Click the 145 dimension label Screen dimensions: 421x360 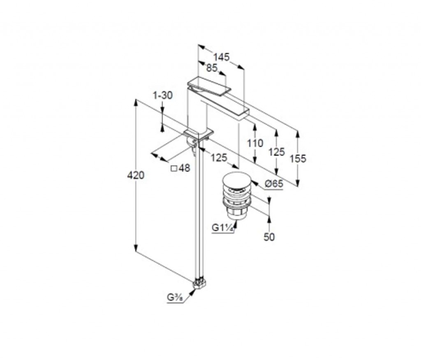tap(222, 57)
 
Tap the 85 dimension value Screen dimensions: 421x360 tap(212, 68)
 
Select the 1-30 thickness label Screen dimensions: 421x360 tap(163, 95)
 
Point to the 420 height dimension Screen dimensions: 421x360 tap(136, 175)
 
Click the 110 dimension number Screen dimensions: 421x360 tap(255, 143)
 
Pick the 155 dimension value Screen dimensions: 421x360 tap(298, 159)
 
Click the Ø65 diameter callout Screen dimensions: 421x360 tap(274, 184)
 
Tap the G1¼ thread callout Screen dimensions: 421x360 tap(222, 228)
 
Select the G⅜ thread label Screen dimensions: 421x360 tap(175, 298)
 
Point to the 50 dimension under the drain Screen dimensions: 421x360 tap(269, 237)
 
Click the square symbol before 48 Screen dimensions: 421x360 tap(174, 168)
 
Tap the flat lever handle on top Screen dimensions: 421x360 tap(209, 86)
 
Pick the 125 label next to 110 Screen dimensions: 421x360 tap(277, 152)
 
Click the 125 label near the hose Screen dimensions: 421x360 tap(219, 158)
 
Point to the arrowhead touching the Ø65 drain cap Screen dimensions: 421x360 tap(254, 183)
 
